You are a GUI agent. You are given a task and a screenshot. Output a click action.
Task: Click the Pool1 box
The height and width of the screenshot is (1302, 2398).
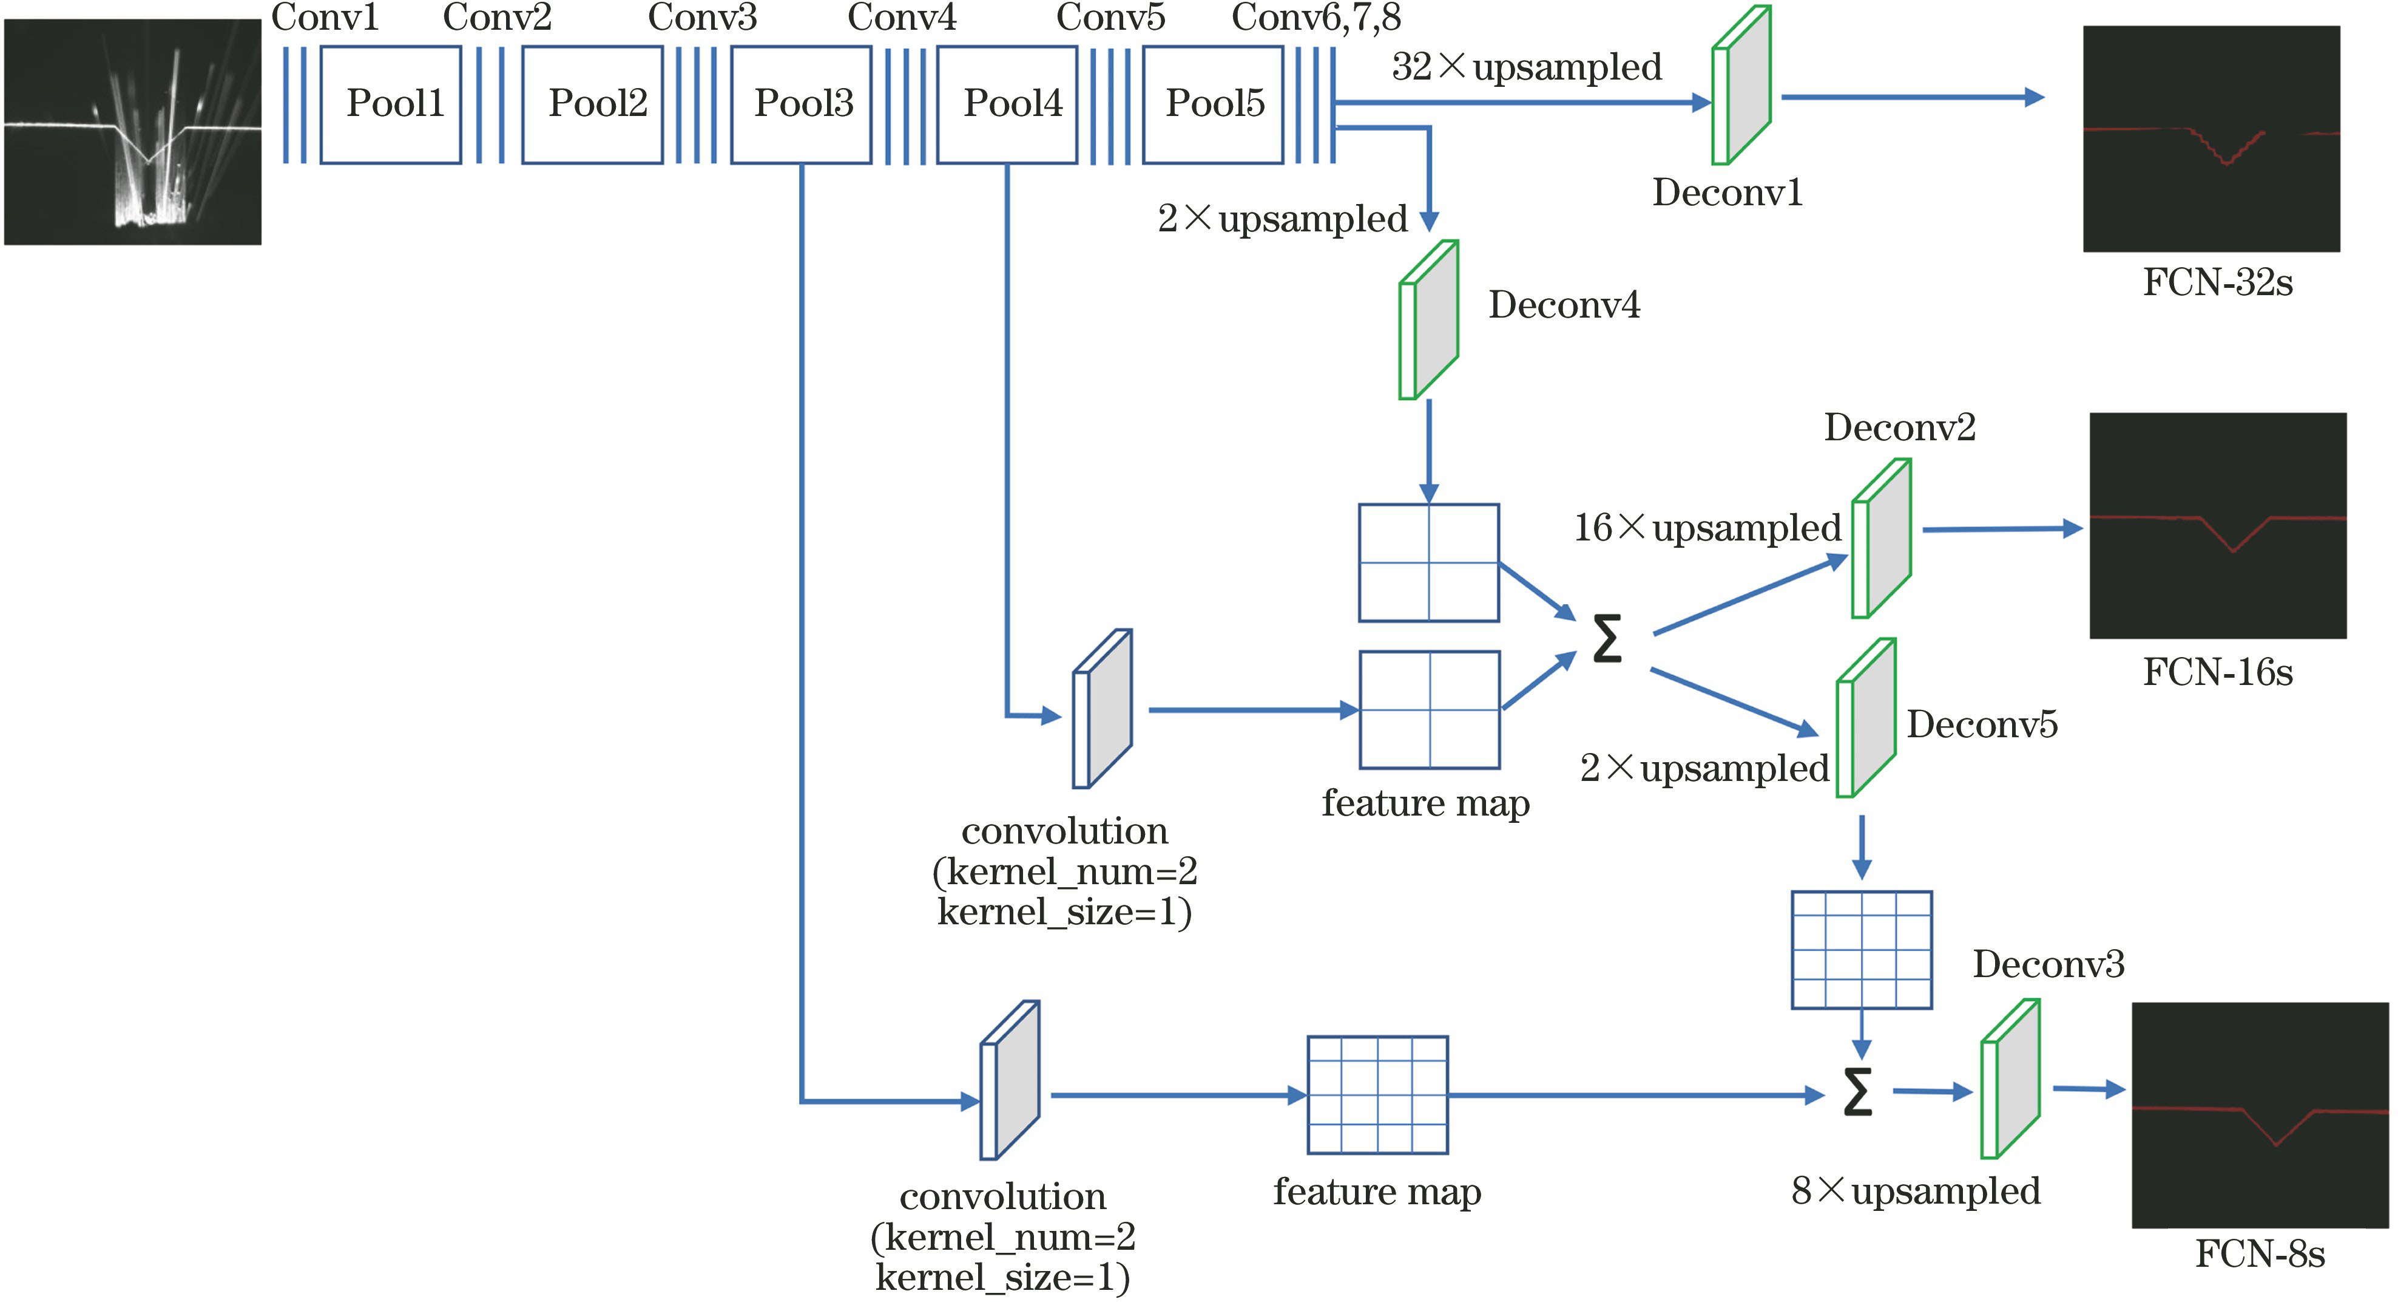pyautogui.click(x=391, y=104)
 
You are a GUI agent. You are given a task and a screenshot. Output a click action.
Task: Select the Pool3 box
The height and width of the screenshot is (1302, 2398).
pyautogui.click(x=802, y=104)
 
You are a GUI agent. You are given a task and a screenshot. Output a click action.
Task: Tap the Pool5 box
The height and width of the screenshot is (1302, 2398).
pyautogui.click(x=1213, y=104)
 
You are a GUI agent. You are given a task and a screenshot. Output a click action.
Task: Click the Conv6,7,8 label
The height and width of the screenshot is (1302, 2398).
pyautogui.click(x=1316, y=18)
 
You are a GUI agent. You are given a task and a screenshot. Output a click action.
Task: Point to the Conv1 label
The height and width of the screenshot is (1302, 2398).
pyautogui.click(x=325, y=18)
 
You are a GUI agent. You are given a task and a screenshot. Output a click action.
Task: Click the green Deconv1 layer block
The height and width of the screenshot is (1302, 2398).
pyautogui.click(x=1741, y=86)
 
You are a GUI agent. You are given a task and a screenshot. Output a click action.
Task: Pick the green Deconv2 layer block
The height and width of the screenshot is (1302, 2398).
pyautogui.click(x=1882, y=538)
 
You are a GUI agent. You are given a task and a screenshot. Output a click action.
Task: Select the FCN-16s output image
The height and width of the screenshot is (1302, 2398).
pyautogui.click(x=2217, y=525)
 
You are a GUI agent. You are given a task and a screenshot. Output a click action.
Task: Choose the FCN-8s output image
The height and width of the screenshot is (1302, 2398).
pyautogui.click(x=2259, y=1115)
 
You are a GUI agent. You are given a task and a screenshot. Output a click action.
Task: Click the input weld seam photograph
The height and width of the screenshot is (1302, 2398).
pyautogui.click(x=132, y=132)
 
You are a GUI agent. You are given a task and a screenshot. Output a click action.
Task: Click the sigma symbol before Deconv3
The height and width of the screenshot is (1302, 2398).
pyautogui.click(x=1857, y=1091)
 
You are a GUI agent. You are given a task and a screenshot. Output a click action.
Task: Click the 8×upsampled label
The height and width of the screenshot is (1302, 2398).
pyautogui.click(x=1915, y=1191)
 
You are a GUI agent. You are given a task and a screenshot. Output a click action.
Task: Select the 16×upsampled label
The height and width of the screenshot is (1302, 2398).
pyautogui.click(x=1706, y=528)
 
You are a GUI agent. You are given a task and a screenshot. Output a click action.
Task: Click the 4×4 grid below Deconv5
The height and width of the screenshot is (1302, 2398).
pyautogui.click(x=1862, y=950)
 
